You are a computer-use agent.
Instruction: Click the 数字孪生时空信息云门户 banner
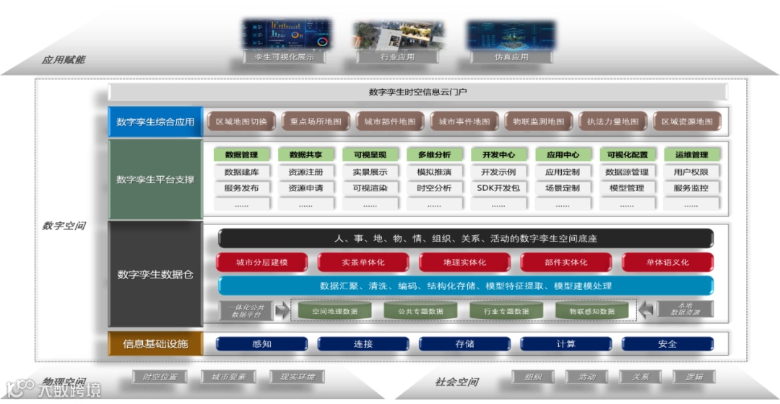pyautogui.click(x=417, y=92)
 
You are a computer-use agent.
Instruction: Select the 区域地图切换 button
pyautogui.click(x=241, y=122)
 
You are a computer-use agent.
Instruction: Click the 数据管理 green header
pyautogui.click(x=241, y=154)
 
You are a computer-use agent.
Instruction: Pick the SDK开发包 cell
pyautogui.click(x=498, y=188)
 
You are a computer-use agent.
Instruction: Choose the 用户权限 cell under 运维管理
pyautogui.click(x=690, y=172)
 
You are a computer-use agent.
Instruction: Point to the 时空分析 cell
pyautogui.click(x=434, y=188)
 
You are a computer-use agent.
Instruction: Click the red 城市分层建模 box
pyautogui.click(x=261, y=262)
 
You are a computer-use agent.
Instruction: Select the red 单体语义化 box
pyautogui.click(x=667, y=262)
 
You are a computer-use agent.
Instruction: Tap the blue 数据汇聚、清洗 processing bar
pyautogui.click(x=465, y=286)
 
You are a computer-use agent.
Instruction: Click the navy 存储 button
pyautogui.click(x=464, y=344)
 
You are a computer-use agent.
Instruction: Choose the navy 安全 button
pyautogui.click(x=667, y=344)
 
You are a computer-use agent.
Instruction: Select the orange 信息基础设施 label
pyautogui.click(x=155, y=343)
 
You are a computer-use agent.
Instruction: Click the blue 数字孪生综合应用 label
pyautogui.click(x=155, y=122)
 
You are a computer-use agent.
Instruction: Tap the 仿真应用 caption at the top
pyautogui.click(x=511, y=57)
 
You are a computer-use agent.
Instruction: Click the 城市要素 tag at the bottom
pyautogui.click(x=227, y=377)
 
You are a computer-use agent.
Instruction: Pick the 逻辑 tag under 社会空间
pyautogui.click(x=694, y=377)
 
